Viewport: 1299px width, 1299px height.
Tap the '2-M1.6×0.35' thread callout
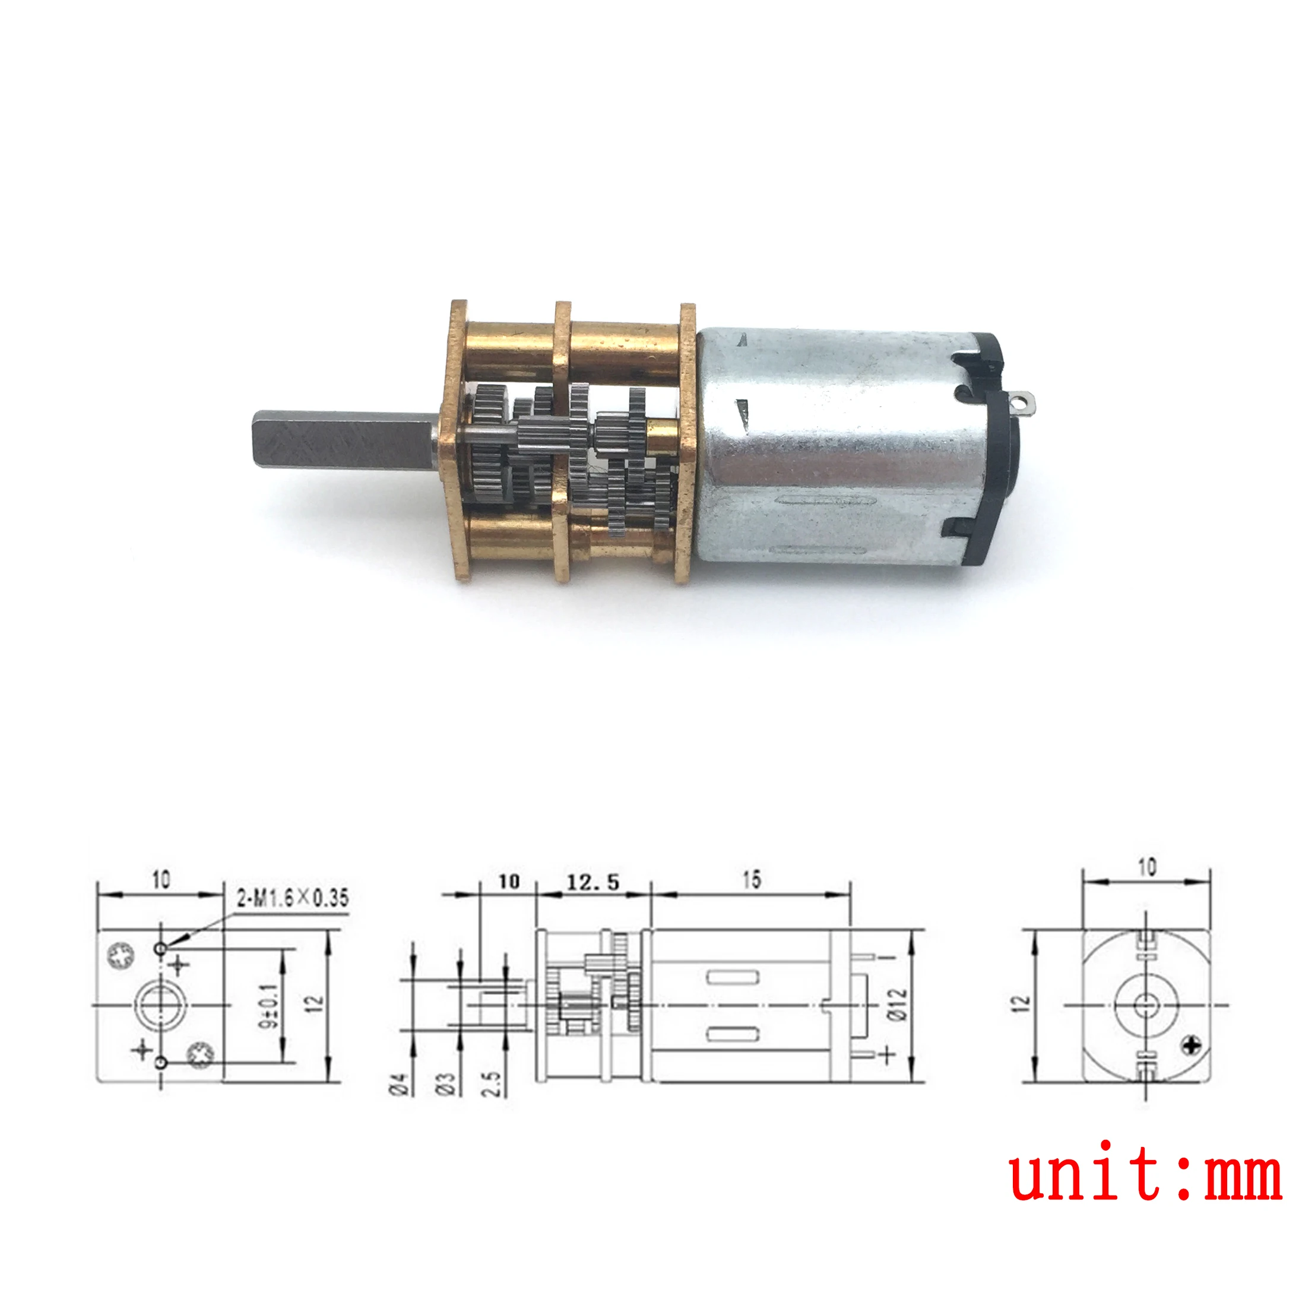pyautogui.click(x=293, y=898)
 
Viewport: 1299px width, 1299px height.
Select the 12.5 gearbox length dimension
pyautogui.click(x=593, y=882)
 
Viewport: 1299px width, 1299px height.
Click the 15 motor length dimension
pyautogui.click(x=751, y=879)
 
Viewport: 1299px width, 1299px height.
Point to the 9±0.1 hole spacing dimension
pyautogui.click(x=270, y=1006)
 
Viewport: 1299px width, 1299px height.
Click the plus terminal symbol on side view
pyautogui.click(x=888, y=1054)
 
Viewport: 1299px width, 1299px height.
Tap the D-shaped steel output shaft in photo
pyautogui.click(x=343, y=441)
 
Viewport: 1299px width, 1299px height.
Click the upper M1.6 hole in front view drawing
pyautogui.click(x=160, y=948)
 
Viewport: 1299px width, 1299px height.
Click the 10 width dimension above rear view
pyautogui.click(x=1146, y=867)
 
